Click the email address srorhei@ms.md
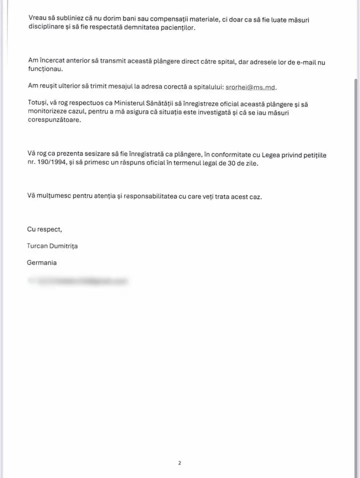tap(250, 87)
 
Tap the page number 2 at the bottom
tap(179, 463)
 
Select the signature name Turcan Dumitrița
tap(52, 246)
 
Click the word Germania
tap(42, 262)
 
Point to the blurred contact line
tap(77, 281)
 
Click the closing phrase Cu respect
tap(44, 229)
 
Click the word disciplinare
tap(46, 27)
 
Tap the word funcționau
tap(45, 69)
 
